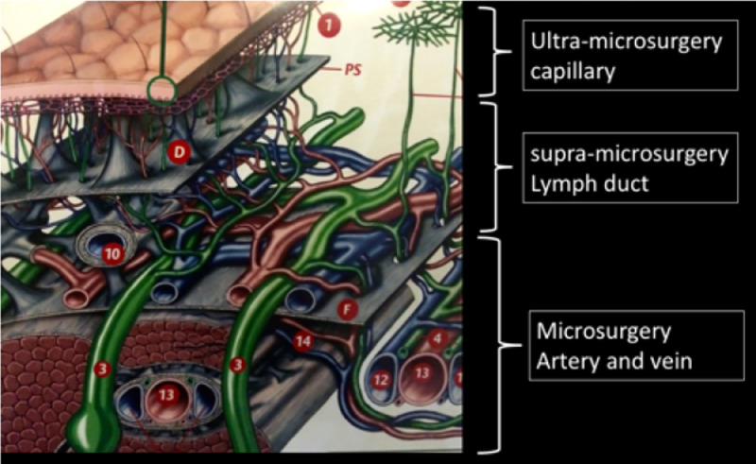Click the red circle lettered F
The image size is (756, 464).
pyautogui.click(x=347, y=310)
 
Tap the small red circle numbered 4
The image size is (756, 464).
pyautogui.click(x=436, y=335)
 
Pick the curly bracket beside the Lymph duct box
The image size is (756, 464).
pyautogui.click(x=490, y=166)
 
